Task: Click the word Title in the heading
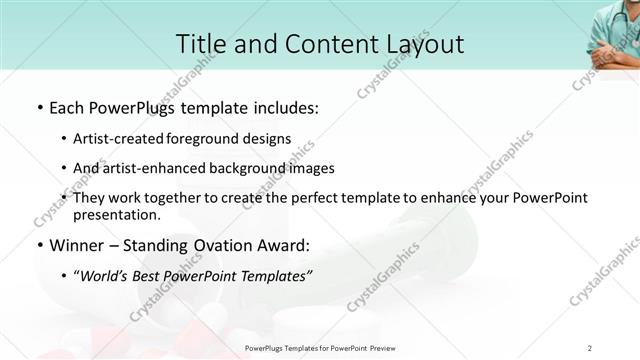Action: click(200, 44)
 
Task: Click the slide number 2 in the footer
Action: click(590, 347)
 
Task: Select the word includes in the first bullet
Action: click(285, 106)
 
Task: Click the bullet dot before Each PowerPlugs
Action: click(38, 107)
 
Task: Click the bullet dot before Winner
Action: click(38, 246)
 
